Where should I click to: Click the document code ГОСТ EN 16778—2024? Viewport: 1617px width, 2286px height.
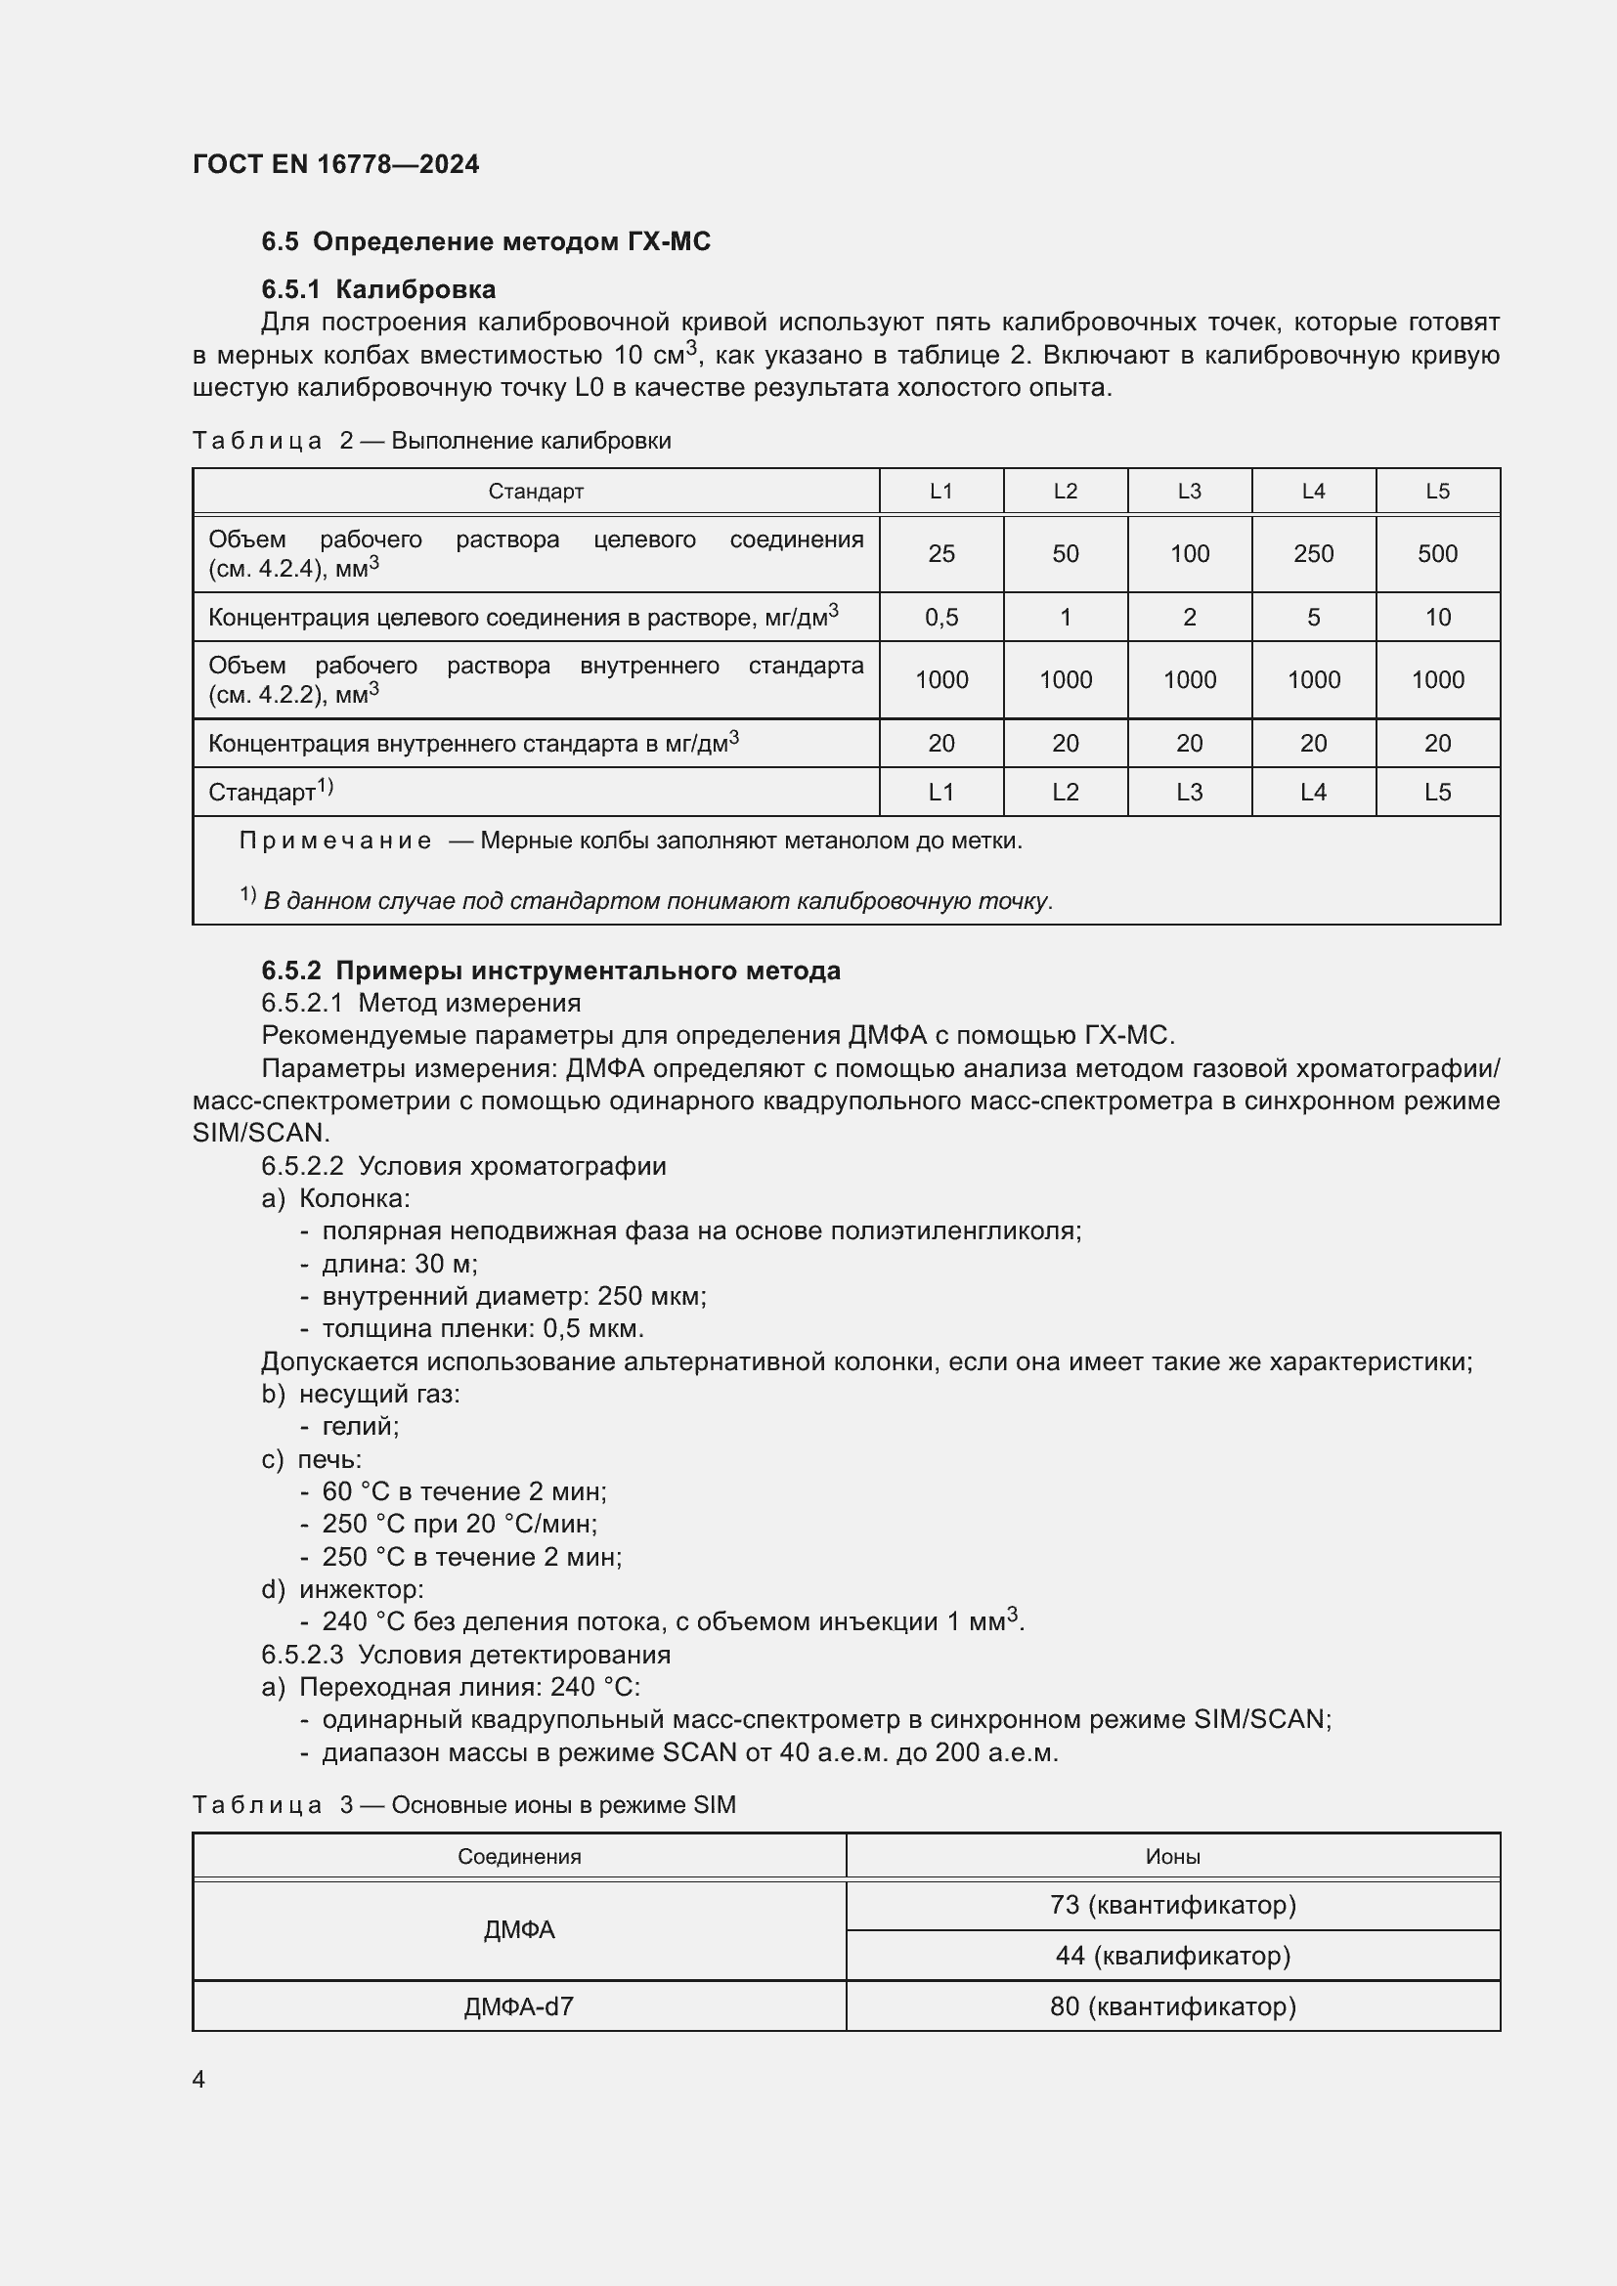(335, 164)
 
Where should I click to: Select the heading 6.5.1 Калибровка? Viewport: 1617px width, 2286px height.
(378, 289)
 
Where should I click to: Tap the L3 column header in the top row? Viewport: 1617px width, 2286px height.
(1189, 491)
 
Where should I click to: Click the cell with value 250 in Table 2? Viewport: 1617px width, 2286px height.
(1312, 553)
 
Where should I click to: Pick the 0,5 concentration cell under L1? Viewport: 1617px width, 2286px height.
(940, 618)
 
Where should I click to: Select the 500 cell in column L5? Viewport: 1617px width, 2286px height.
(1437, 553)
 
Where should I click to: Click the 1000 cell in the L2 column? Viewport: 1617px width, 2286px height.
(1065, 680)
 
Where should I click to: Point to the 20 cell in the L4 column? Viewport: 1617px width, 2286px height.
(1312, 744)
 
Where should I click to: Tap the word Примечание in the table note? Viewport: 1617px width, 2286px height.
(334, 841)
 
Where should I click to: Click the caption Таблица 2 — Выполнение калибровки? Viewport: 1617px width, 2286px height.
(431, 440)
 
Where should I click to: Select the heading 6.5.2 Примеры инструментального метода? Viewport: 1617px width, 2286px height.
(550, 970)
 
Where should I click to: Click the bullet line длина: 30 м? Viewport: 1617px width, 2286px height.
(398, 1264)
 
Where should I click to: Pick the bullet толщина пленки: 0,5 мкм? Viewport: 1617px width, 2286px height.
(482, 1328)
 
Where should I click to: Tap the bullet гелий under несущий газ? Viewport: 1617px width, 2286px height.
(360, 1426)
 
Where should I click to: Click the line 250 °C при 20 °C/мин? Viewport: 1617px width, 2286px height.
(458, 1524)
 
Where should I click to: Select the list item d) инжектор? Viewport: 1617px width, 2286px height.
(342, 1589)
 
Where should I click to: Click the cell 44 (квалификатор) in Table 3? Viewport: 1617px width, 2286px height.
(1172, 1956)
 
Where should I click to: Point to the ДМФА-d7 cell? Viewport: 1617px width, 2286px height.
(518, 2006)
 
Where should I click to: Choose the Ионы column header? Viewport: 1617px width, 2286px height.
(1172, 1856)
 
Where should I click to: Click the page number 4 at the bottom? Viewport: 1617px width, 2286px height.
(198, 2079)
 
